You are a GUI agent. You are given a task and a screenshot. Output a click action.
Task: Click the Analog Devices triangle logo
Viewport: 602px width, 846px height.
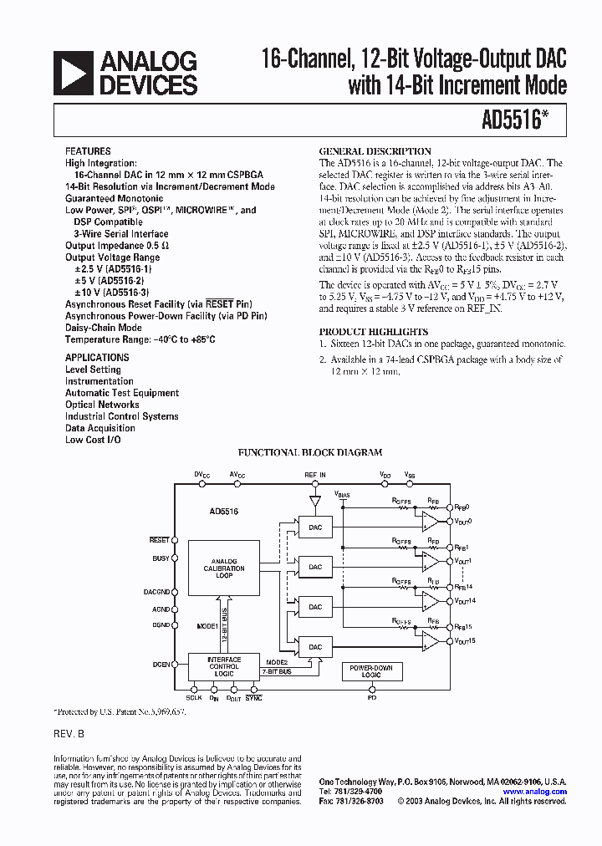(72, 73)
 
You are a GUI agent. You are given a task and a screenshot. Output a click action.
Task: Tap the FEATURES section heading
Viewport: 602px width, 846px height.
(88, 152)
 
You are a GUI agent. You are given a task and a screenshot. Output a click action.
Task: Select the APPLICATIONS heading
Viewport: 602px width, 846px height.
(98, 358)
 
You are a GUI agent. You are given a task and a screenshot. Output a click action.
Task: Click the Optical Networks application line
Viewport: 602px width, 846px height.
(102, 405)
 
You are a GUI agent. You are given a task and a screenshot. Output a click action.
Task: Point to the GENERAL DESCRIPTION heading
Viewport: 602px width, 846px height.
(364, 152)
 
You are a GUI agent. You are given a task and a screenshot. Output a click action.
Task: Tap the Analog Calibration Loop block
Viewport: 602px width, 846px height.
(223, 568)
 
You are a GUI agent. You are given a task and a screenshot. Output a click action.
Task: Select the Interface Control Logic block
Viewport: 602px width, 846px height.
(223, 666)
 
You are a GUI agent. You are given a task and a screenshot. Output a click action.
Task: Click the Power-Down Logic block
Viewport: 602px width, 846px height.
(372, 671)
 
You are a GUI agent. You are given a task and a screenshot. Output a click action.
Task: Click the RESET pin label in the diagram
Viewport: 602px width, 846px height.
(160, 540)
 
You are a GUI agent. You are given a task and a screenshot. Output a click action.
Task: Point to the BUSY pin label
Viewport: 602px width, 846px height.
(161, 558)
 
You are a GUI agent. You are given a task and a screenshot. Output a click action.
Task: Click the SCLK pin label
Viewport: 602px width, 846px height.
(193, 696)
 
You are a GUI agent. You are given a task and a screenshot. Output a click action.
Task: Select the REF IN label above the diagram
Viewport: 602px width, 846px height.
(315, 475)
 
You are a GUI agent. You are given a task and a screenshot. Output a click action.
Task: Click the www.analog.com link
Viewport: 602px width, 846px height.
(534, 792)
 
